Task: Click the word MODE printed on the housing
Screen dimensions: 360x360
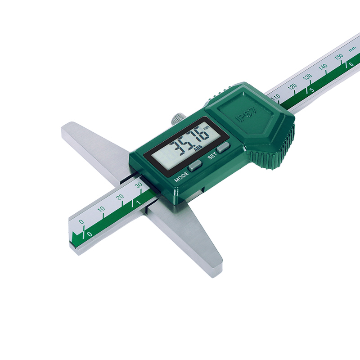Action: [182, 176]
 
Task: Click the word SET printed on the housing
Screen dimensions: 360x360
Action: [212, 157]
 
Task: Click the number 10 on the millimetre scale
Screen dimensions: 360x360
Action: [101, 209]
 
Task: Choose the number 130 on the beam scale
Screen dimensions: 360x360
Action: [307, 76]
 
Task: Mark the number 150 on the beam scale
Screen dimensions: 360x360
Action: [338, 57]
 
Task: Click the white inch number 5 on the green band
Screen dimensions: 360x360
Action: [311, 90]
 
